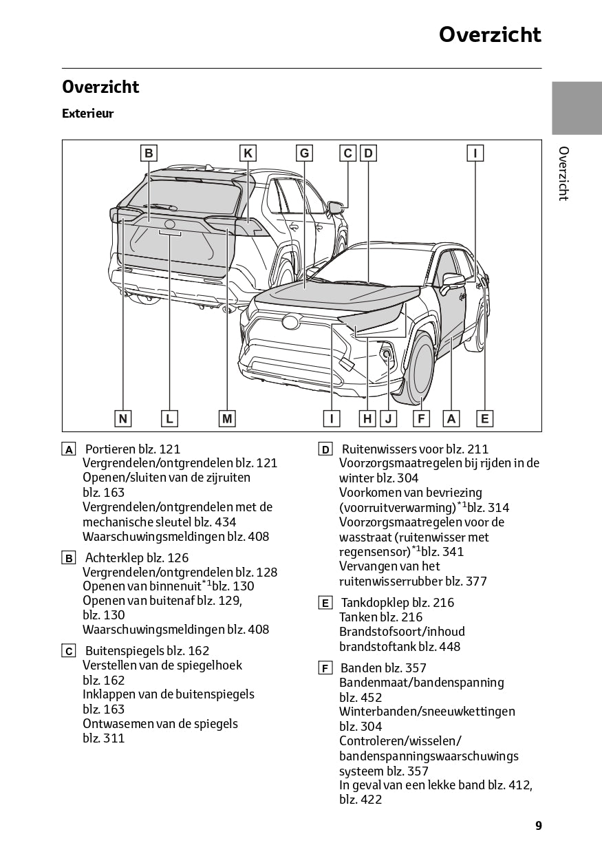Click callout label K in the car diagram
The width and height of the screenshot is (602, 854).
click(248, 153)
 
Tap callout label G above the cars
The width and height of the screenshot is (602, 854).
click(304, 153)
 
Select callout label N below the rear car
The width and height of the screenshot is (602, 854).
click(122, 418)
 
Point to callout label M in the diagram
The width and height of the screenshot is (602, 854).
click(227, 418)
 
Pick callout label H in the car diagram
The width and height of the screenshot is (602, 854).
click(367, 418)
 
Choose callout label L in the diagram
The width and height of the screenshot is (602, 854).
click(169, 418)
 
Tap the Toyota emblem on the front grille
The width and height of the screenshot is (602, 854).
click(290, 320)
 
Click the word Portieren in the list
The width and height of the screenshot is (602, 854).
click(113, 449)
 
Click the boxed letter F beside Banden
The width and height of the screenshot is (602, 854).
click(325, 668)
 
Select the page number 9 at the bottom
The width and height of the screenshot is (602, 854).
click(538, 826)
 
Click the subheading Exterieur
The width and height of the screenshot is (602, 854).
click(87, 114)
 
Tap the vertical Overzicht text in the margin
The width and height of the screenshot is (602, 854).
click(563, 173)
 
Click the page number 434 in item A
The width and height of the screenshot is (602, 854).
click(226, 522)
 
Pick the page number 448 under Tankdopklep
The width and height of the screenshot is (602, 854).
click(448, 646)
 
